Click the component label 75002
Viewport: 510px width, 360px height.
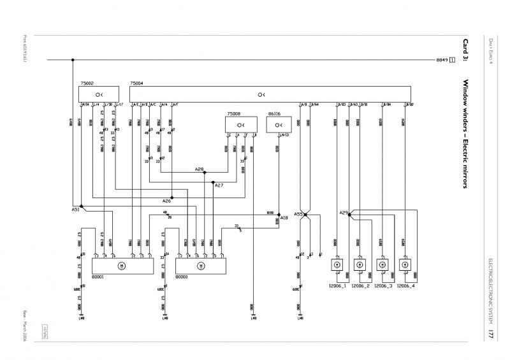pyautogui.click(x=87, y=83)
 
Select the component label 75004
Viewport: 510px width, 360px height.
pyautogui.click(x=136, y=83)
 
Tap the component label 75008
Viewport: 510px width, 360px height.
pyautogui.click(x=234, y=113)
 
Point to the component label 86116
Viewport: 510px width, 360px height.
pyautogui.click(x=275, y=113)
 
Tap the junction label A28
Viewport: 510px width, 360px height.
pyautogui.click(x=199, y=169)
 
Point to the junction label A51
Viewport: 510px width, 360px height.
pyautogui.click(x=75, y=208)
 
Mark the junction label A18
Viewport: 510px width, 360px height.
pyautogui.click(x=284, y=218)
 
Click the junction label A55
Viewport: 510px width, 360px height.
pyautogui.click(x=298, y=214)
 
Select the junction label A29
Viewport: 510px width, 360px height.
pyautogui.click(x=344, y=213)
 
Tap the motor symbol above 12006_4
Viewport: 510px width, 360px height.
pyautogui.click(x=404, y=264)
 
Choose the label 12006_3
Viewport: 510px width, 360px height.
pyautogui.click(x=382, y=287)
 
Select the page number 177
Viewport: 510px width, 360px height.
pyautogui.click(x=492, y=335)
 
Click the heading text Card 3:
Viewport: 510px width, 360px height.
pyautogui.click(x=465, y=50)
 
